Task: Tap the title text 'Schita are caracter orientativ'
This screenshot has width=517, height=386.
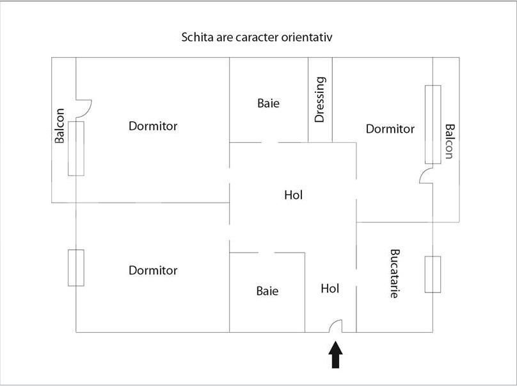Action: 257,37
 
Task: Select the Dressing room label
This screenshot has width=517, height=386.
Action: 321,99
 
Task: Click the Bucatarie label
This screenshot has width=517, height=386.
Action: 395,274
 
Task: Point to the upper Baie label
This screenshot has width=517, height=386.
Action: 269,103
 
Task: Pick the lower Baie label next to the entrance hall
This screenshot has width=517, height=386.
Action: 267,291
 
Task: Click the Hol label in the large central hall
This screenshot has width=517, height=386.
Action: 293,195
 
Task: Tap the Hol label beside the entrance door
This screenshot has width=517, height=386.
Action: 330,289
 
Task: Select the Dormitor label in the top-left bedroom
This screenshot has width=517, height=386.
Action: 153,126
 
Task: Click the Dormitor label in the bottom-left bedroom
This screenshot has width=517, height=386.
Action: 153,271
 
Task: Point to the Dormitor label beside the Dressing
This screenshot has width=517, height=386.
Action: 390,129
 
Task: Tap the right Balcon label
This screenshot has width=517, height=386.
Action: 449,141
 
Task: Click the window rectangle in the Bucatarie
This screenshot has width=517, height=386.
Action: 433,274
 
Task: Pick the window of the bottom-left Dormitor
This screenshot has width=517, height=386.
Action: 76,268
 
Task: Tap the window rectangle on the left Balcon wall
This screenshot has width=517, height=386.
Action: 76,147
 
